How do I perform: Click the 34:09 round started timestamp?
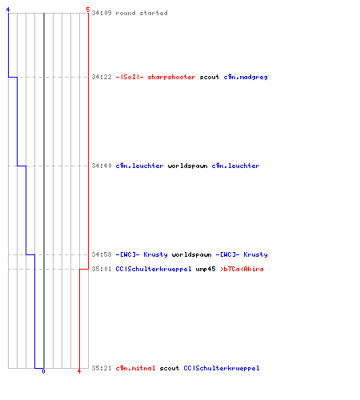click(x=102, y=13)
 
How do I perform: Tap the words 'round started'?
click(x=142, y=13)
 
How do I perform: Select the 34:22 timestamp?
click(x=102, y=77)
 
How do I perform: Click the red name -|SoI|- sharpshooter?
click(x=155, y=77)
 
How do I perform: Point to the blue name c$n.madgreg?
click(x=246, y=77)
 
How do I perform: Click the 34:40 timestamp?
click(x=102, y=166)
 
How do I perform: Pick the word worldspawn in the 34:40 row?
click(x=187, y=166)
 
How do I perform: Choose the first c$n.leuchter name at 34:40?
click(x=139, y=166)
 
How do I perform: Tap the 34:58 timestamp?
click(x=102, y=254)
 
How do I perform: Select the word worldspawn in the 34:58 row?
click(x=191, y=254)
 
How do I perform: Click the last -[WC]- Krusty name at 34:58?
click(x=242, y=254)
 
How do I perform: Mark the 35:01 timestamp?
click(x=102, y=269)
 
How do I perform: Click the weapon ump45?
click(x=206, y=269)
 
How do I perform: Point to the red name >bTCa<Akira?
click(x=242, y=269)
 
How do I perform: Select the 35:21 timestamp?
click(x=102, y=368)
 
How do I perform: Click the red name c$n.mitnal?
click(x=135, y=368)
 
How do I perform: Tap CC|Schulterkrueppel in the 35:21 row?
click(x=222, y=368)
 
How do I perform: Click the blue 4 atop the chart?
click(x=8, y=10)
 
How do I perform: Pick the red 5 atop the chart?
click(x=88, y=10)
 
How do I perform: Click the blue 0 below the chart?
click(x=43, y=371)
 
